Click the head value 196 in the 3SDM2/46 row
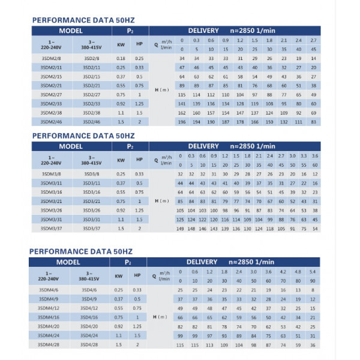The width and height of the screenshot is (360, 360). pos(182,122)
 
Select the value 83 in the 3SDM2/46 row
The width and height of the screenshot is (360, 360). pos(314,122)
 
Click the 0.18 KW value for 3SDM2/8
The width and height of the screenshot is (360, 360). pos(121,58)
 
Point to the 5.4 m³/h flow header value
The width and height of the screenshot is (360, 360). pos(312,271)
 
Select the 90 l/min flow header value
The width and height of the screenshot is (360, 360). pos(312,280)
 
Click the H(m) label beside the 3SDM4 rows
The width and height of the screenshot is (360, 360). pos(161,317)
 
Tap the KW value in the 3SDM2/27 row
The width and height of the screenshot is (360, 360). pos(121,95)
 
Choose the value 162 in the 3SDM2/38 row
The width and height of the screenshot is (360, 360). pos(182,113)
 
